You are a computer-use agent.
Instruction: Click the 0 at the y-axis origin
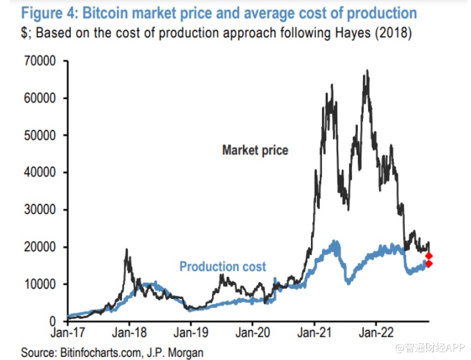tap(55, 321)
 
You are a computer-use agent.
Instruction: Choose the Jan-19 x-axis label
tap(190, 334)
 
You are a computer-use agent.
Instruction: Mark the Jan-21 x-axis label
tap(314, 334)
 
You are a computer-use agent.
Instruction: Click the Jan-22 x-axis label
tap(375, 334)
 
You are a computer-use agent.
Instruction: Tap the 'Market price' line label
tap(255, 150)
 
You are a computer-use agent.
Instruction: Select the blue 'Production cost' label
tap(222, 266)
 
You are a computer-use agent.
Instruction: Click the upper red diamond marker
tap(429, 255)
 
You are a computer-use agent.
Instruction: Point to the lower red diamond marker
tap(429, 264)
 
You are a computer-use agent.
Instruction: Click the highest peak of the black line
tap(366, 71)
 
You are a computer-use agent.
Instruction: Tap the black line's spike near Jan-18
tap(127, 249)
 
